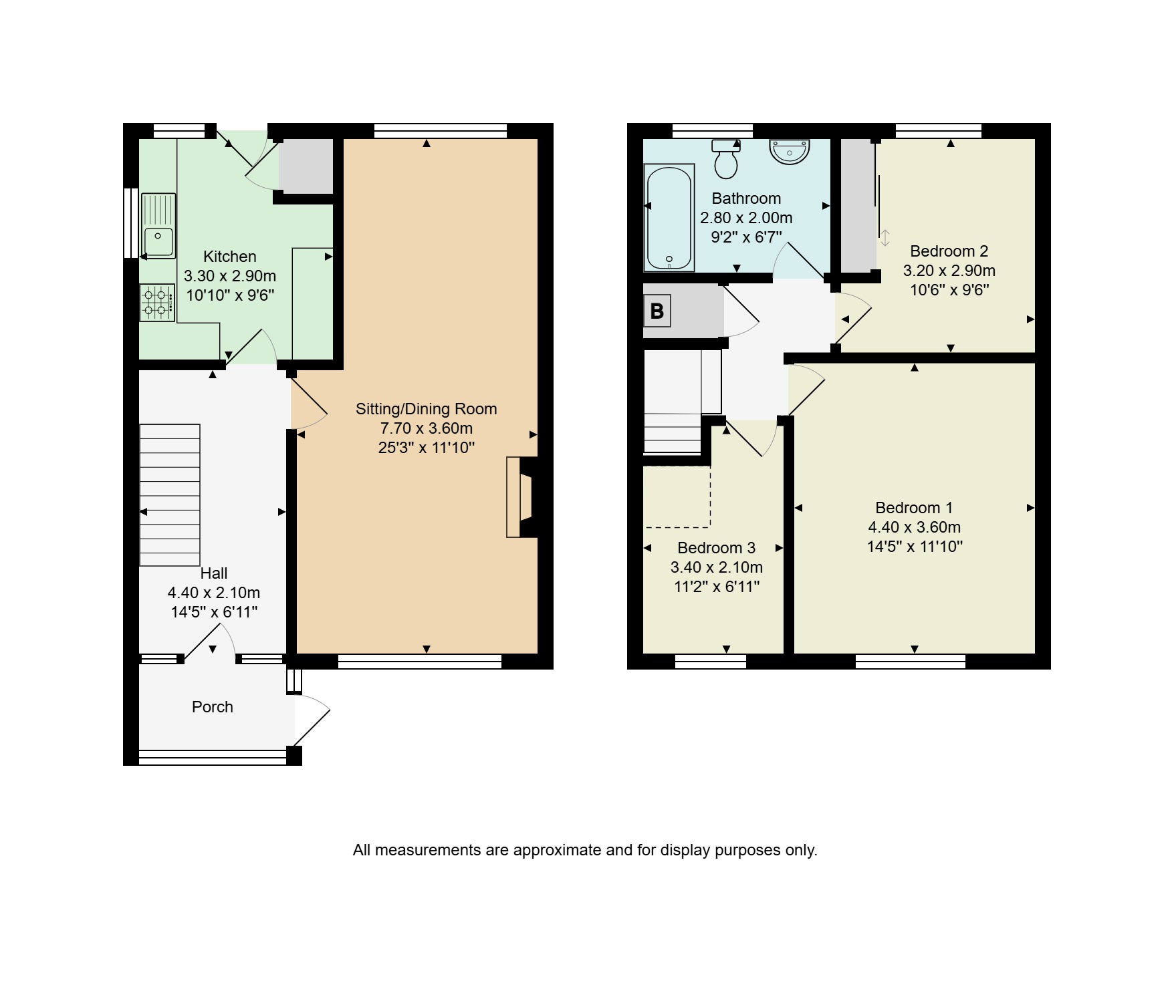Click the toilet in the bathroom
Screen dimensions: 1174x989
coord(725,159)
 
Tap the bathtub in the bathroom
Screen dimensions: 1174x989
coord(669,218)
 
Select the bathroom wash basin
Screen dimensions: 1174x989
coord(790,151)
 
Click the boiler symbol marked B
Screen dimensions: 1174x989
coord(657,311)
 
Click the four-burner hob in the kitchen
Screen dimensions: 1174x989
coord(157,303)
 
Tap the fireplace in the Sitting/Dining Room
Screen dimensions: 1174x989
coord(522,497)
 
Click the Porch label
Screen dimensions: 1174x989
coord(213,707)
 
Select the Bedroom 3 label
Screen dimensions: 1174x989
coord(716,548)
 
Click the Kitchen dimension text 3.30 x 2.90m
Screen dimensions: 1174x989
coord(230,276)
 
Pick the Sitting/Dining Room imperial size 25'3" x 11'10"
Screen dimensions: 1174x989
coord(427,448)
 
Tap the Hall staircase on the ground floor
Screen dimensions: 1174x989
coord(170,495)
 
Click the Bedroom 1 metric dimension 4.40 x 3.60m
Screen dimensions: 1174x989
coord(915,527)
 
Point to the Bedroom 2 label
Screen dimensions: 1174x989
coord(949,251)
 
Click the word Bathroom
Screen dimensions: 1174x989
coord(746,198)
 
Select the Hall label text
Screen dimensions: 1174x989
coord(214,573)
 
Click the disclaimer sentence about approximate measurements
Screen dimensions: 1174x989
coord(585,850)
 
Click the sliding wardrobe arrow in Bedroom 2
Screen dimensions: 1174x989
coord(885,238)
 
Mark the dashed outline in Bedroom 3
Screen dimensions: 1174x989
coord(677,497)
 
